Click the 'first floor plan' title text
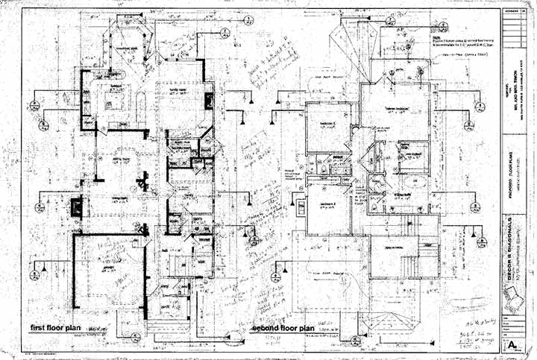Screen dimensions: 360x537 click(56, 326)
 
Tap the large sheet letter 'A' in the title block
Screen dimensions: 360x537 click(513, 345)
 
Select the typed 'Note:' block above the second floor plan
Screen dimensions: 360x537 click(455, 41)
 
